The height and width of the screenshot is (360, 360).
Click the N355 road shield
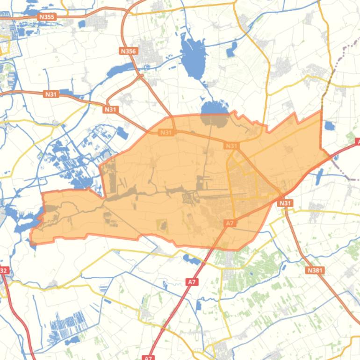pyautogui.click(x=47, y=17)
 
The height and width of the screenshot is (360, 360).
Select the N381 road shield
pyautogui.click(x=316, y=270)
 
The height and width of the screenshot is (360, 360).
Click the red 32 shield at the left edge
pyautogui.click(x=4, y=270)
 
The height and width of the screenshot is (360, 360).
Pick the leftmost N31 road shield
pyautogui.click(x=51, y=94)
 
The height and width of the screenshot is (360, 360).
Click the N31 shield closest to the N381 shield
pyautogui.click(x=285, y=203)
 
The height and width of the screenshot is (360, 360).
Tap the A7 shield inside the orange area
pyautogui.click(x=229, y=223)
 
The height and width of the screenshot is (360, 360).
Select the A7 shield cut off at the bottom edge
pyautogui.click(x=148, y=358)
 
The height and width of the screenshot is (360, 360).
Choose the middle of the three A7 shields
pyautogui.click(x=191, y=282)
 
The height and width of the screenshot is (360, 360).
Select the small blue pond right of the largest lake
pyautogui.click(x=231, y=50)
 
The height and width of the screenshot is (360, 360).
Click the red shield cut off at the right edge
pyautogui.click(x=358, y=141)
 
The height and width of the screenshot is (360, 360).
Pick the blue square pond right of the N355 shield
pyautogui.click(x=82, y=24)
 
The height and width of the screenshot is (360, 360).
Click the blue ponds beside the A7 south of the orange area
pyautogui.click(x=192, y=258)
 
